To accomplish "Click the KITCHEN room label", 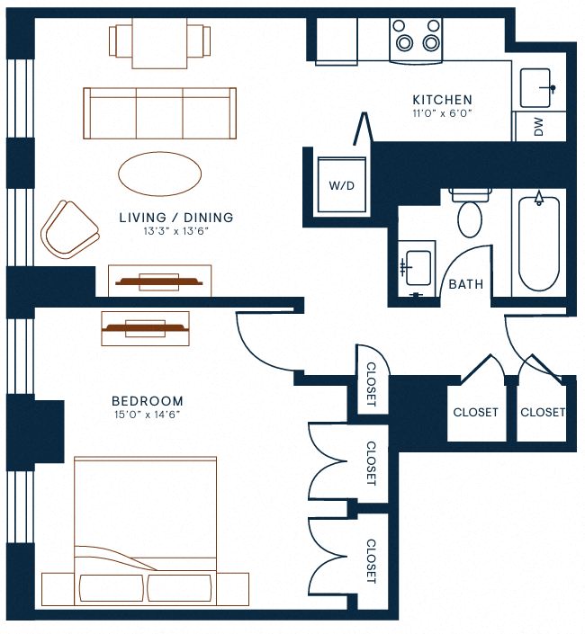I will point(442,100).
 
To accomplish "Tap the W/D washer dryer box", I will point(341,186).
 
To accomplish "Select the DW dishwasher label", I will point(539,127).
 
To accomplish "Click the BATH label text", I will point(465,284).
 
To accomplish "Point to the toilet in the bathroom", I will point(470,214).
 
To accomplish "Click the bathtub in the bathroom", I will point(539,243).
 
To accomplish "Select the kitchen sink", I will point(538,87).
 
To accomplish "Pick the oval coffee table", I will point(160,174).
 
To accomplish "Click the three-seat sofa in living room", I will point(159,113).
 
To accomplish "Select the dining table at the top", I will point(159,42).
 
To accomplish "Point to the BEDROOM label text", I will point(148,401).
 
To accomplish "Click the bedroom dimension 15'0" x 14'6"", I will point(148,415).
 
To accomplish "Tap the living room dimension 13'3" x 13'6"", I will point(176,231).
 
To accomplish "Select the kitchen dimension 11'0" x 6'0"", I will point(442,114).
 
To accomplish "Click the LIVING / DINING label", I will point(176,218).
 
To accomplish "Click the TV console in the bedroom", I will point(145,328).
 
